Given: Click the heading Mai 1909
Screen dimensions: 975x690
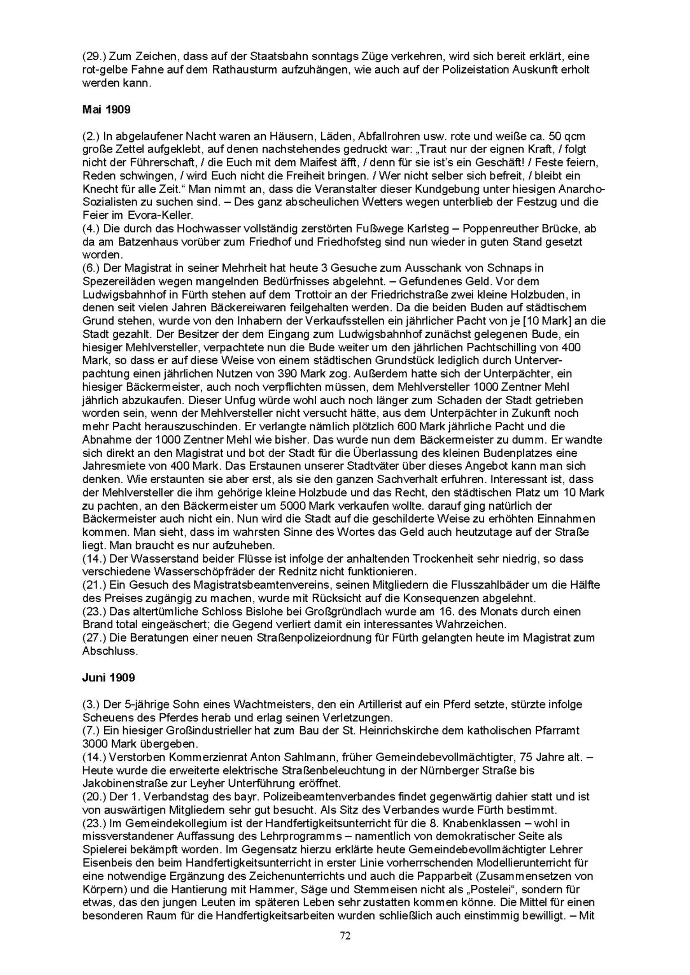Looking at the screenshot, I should [x=106, y=109].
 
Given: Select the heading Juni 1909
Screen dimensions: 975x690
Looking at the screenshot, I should [x=108, y=677].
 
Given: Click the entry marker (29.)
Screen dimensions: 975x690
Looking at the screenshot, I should [x=94, y=57].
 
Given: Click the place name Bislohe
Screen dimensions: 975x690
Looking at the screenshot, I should [x=232, y=611].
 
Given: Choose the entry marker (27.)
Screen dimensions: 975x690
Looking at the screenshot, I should [x=94, y=638].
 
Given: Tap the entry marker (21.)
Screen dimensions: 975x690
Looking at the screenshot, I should [x=94, y=585].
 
